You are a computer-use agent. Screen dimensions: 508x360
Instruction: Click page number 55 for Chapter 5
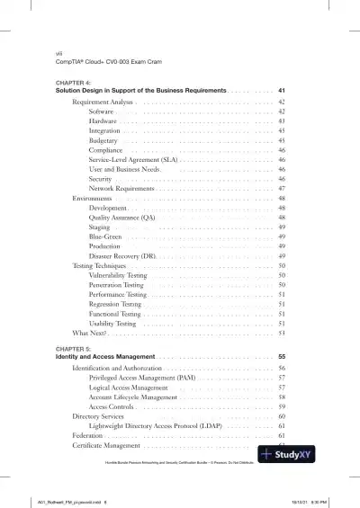282,357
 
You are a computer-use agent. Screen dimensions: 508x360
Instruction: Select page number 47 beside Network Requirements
282,189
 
